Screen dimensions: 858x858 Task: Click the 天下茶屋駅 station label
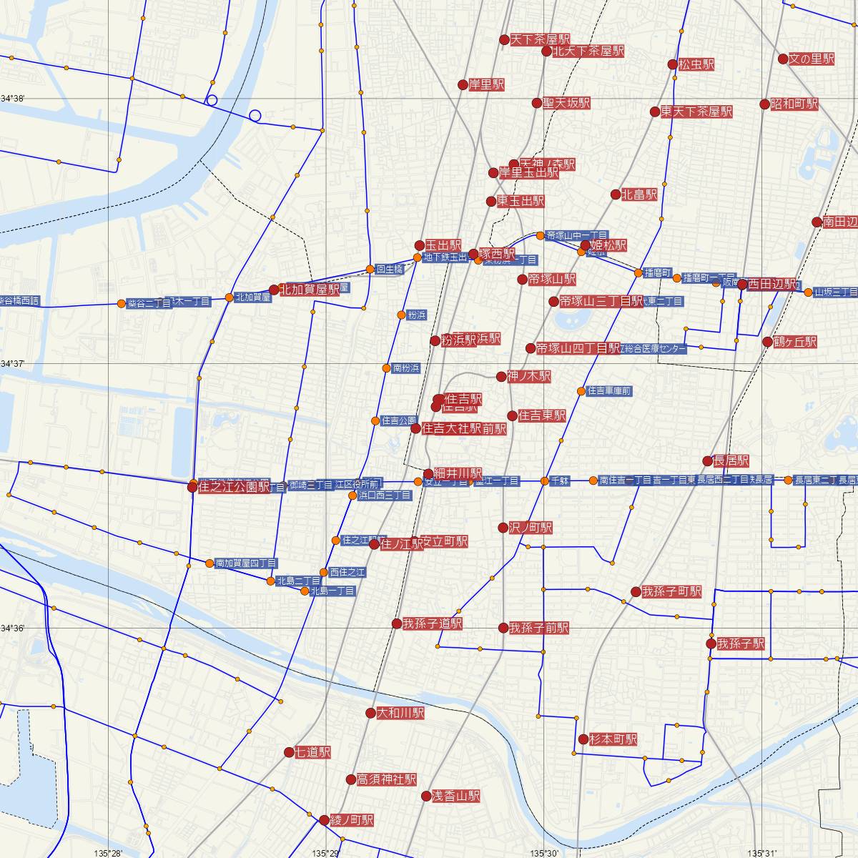point(540,40)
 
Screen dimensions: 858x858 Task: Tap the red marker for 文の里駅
point(783,59)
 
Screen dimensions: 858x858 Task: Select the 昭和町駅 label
point(794,104)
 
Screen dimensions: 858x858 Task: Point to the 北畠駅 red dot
point(616,194)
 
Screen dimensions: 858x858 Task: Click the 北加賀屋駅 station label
point(309,290)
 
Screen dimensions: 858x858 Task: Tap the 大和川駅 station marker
point(370,713)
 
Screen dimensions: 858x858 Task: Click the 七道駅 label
point(312,752)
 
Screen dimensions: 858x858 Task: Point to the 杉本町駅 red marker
point(583,739)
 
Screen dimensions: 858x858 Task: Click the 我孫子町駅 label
point(671,592)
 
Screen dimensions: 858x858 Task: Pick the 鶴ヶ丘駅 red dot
point(767,342)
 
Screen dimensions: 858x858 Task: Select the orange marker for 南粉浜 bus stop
point(387,368)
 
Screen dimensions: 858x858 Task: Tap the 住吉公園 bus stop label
point(399,420)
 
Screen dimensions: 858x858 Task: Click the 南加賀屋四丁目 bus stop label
point(246,563)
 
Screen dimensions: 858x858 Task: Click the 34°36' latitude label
point(13,628)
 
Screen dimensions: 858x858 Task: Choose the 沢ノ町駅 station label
point(530,528)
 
